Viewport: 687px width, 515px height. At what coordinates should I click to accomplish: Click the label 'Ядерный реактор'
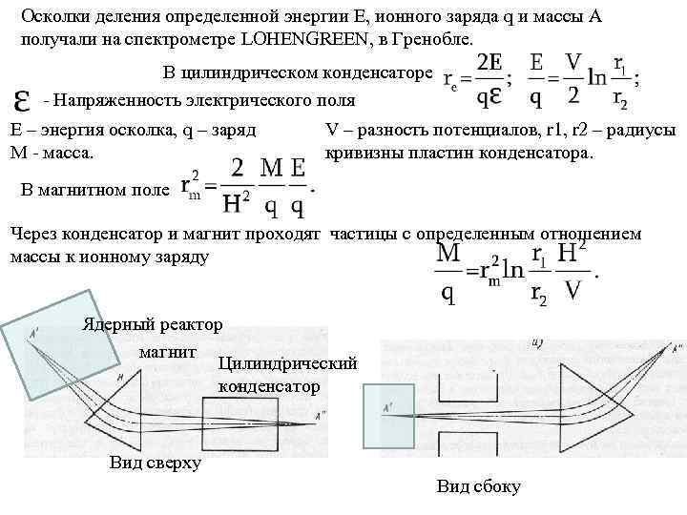pyautogui.click(x=153, y=324)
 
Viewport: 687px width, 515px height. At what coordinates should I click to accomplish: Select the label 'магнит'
pyautogui.click(x=167, y=352)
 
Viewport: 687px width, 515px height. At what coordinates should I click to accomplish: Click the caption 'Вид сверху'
pyautogui.click(x=156, y=463)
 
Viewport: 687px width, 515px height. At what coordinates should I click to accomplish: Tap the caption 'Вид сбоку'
pyautogui.click(x=478, y=486)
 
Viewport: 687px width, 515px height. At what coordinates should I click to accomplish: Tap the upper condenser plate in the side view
pyautogui.click(x=468, y=387)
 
